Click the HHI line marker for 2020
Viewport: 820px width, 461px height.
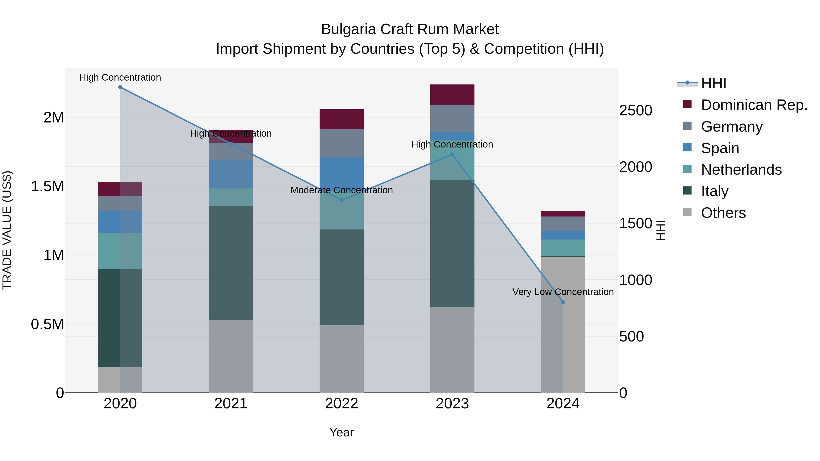(120, 87)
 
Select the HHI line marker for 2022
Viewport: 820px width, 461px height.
(342, 200)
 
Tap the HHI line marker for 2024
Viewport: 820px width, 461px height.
(563, 302)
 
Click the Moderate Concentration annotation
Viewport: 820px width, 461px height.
(342, 190)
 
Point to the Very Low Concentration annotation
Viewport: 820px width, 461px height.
(563, 292)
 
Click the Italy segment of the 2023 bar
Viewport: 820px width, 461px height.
(452, 243)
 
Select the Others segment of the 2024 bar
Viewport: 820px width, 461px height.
(563, 324)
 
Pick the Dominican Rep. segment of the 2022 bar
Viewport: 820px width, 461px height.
(342, 119)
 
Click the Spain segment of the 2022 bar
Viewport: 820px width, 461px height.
(342, 173)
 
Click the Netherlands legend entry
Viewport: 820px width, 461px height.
(741, 170)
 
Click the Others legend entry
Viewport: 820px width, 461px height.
(723, 213)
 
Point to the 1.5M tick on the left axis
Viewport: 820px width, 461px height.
(47, 186)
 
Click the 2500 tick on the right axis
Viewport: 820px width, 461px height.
(635, 111)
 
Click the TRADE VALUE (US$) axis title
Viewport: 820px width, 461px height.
(7, 230)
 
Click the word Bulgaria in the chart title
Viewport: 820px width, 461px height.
(348, 30)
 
